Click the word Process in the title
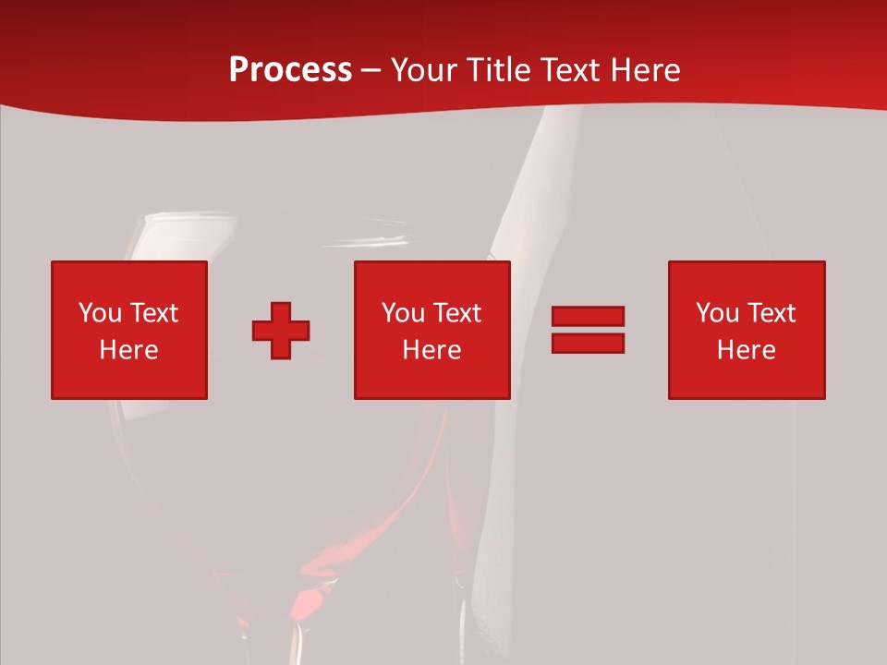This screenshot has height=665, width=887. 290,70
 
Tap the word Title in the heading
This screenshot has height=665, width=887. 499,70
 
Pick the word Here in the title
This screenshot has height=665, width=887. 646,70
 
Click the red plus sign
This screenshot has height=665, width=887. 281,331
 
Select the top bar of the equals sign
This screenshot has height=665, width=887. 588,317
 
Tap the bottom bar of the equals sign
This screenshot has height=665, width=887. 588,343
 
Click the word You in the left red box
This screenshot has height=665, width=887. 100,313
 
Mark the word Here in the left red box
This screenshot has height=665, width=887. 128,350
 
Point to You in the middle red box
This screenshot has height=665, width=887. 403,313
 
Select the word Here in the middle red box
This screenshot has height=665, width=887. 431,350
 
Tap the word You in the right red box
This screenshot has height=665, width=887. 717,313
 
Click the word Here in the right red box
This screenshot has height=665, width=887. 746,350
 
